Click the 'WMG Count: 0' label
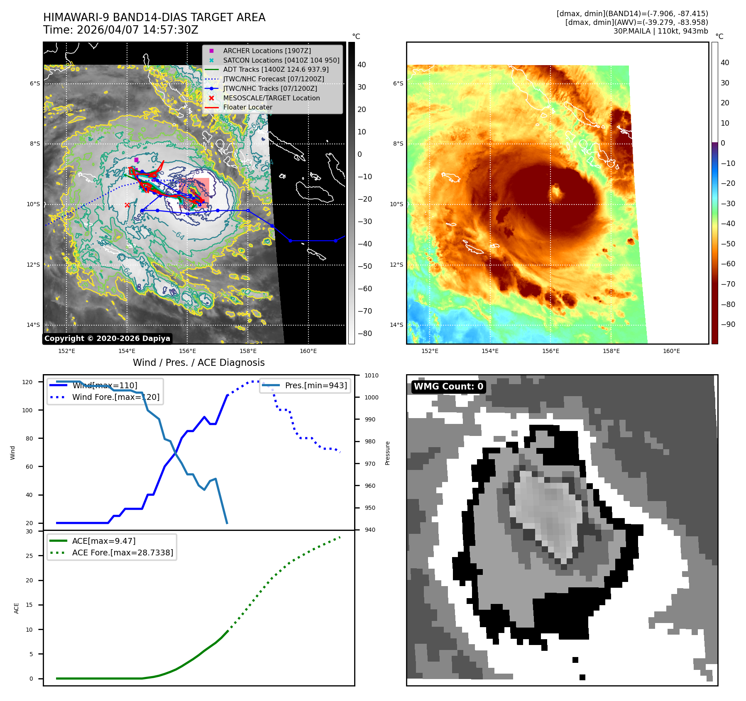pyautogui.click(x=448, y=387)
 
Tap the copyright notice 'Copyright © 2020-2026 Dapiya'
pyautogui.click(x=107, y=338)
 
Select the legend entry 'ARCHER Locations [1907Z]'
pyautogui.click(x=267, y=51)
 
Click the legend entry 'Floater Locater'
pyautogui.click(x=247, y=107)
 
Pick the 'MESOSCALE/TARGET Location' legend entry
pyautogui.click(x=271, y=98)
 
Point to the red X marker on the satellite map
pyautogui.click(x=127, y=205)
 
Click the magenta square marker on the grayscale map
pyautogui.click(x=136, y=160)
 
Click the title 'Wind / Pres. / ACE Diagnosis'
pyautogui.click(x=198, y=363)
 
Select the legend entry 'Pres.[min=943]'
pyautogui.click(x=316, y=385)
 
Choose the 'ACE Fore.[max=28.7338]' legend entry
pyautogui.click(x=122, y=553)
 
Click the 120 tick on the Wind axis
pyautogui.click(x=27, y=382)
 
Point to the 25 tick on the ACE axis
pyautogui.click(x=29, y=556)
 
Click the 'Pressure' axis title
pyautogui.click(x=388, y=453)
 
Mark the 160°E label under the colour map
pyautogui.click(x=671, y=351)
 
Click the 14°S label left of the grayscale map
pyautogui.click(x=33, y=325)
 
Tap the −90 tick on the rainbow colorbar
pyautogui.click(x=728, y=324)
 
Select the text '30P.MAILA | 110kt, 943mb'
pyautogui.click(x=660, y=31)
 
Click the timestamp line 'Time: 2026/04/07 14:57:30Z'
pyautogui.click(x=120, y=30)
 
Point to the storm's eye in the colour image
pyautogui.click(x=555, y=192)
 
